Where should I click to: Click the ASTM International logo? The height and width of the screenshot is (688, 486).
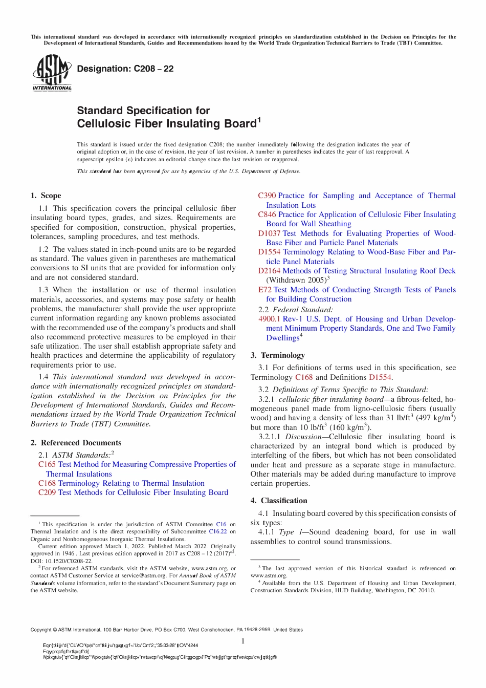(x=52, y=73)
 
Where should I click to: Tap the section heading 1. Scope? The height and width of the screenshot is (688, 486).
(x=46, y=196)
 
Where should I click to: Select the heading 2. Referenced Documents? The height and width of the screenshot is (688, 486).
(x=76, y=443)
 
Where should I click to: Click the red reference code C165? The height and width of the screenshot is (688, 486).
(x=47, y=464)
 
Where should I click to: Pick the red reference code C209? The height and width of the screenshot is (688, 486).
(x=47, y=492)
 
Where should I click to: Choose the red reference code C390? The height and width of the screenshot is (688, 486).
(x=267, y=196)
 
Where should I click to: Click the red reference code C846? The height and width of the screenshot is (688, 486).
(x=267, y=214)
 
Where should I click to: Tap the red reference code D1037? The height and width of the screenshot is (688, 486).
(x=269, y=233)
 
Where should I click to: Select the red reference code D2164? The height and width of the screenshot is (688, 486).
(x=269, y=271)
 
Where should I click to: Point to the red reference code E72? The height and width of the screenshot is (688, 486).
(x=264, y=290)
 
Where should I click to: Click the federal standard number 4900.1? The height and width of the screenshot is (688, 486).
(x=269, y=319)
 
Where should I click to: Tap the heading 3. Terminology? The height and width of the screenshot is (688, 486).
(x=277, y=355)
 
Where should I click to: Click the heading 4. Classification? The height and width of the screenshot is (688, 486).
(x=279, y=501)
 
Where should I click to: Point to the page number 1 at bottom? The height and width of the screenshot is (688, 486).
(x=243, y=641)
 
